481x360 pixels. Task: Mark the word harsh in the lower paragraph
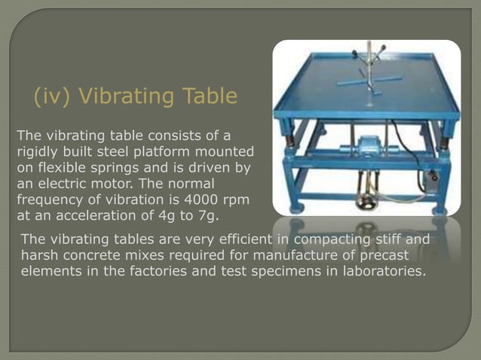click(x=40, y=256)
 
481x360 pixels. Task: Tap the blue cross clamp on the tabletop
click(x=367, y=80)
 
